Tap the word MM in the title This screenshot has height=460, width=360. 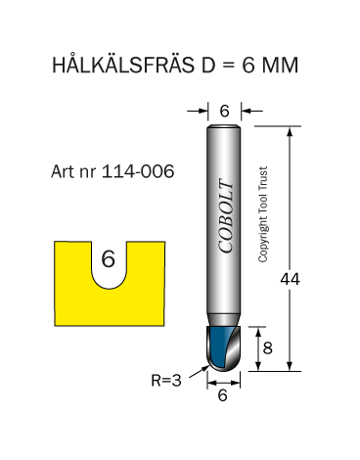coord(280,65)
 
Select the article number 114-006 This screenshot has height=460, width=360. coord(138,171)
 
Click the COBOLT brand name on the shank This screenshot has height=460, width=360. coord(226,215)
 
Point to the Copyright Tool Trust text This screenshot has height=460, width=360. coord(263,214)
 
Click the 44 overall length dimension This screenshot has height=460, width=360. coord(290,279)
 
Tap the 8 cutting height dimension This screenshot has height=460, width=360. coord(267,348)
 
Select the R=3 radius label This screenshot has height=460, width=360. coord(166,380)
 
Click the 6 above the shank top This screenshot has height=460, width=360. coord(224,112)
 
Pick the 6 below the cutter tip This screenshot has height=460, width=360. coord(222,395)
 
